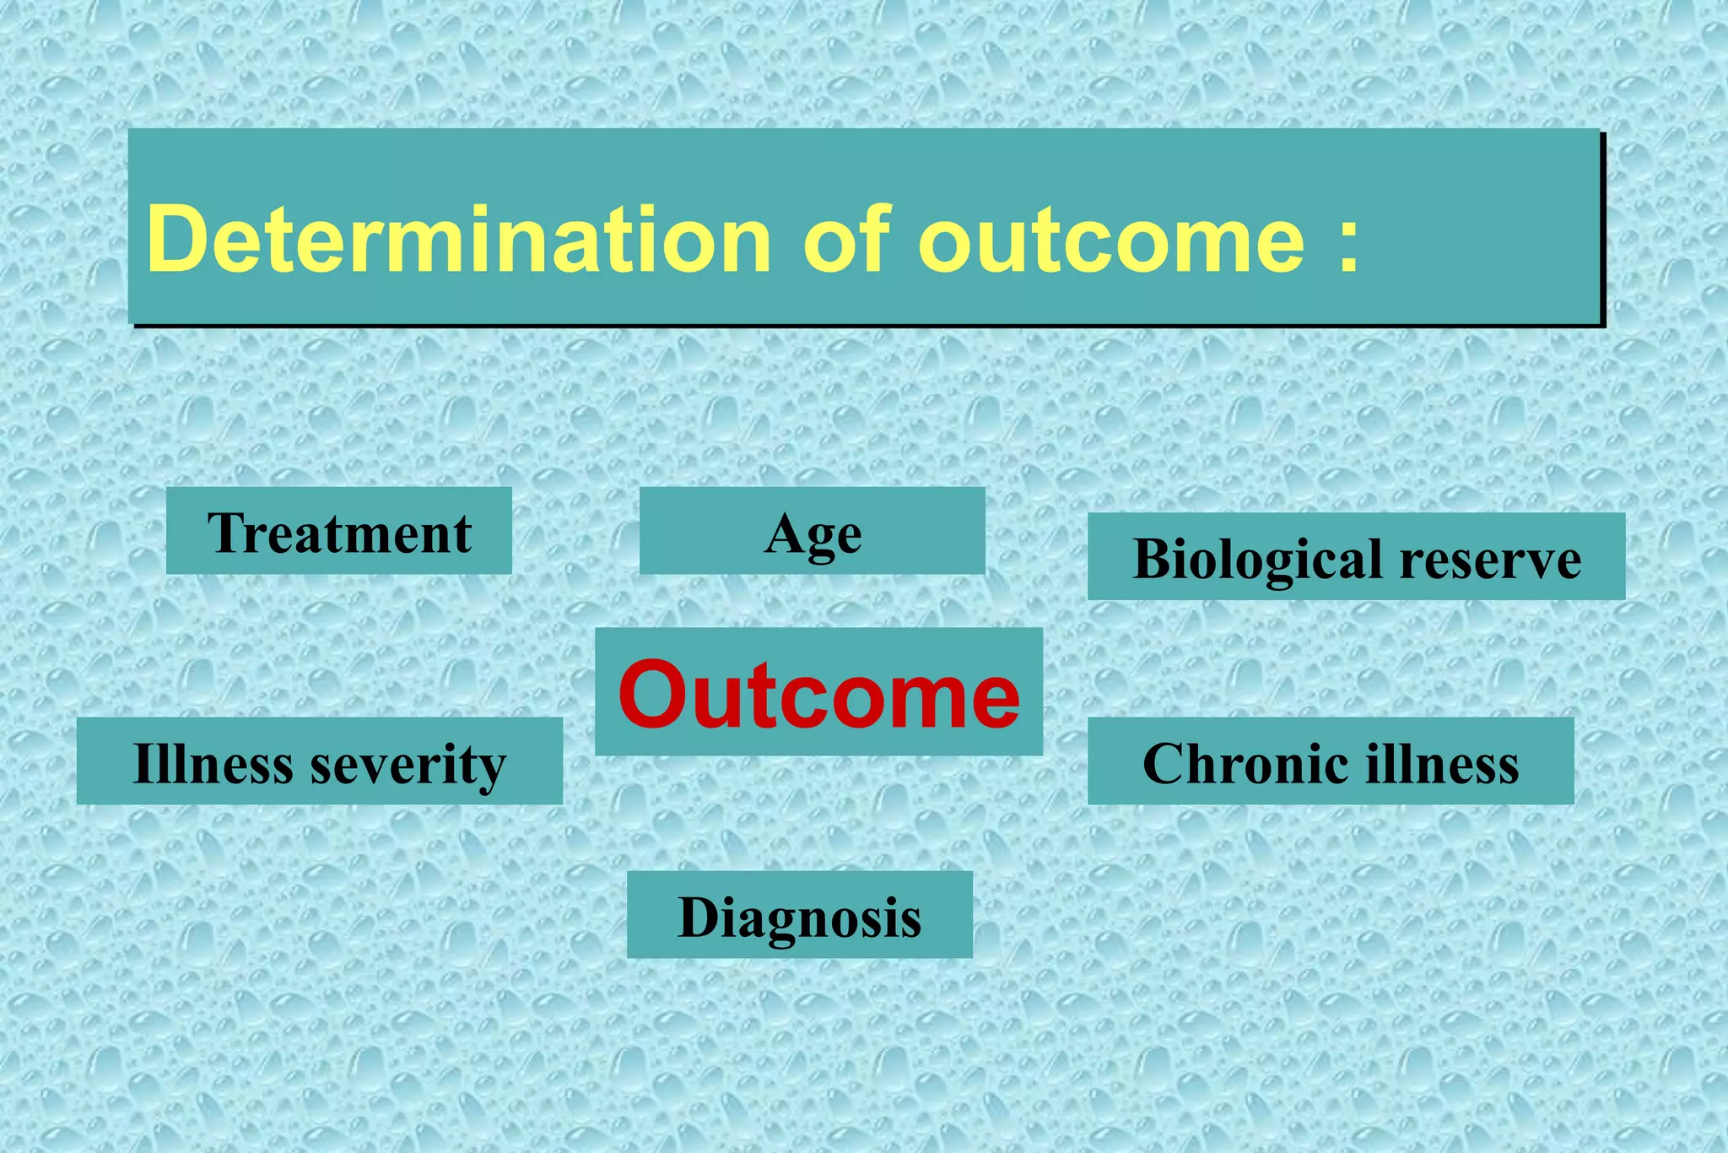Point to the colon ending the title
pyautogui.click(x=1348, y=246)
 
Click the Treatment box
pyautogui.click(x=338, y=532)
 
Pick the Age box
pyautogui.click(x=812, y=532)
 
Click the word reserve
pyautogui.click(x=1490, y=559)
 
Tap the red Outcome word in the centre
pyautogui.click(x=818, y=695)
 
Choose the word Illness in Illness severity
pyautogui.click(x=213, y=763)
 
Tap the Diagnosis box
pyautogui.click(x=799, y=916)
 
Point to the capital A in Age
pyautogui.click(x=784, y=533)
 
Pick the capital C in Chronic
pyautogui.click(x=1165, y=764)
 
